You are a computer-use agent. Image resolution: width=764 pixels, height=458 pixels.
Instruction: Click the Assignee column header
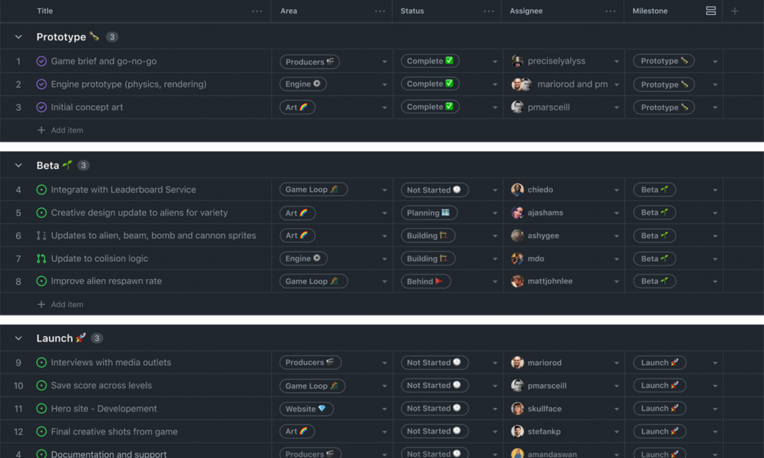[x=526, y=10]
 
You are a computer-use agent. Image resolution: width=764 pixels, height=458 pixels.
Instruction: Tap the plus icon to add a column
[x=735, y=10]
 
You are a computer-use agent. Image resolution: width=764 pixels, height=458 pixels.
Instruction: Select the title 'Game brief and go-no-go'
[x=104, y=61]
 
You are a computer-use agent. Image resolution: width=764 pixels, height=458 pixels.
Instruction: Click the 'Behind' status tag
[x=425, y=281]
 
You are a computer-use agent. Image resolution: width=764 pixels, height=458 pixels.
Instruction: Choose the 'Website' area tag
[x=306, y=408]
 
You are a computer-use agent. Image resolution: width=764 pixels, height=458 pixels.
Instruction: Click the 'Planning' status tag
[x=429, y=213]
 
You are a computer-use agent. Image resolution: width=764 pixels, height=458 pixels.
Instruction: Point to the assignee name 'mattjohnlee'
[x=550, y=281]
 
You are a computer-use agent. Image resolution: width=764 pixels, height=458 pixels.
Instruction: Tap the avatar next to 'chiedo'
[x=517, y=189]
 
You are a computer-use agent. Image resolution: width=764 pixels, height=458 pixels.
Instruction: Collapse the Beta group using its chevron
[x=19, y=165]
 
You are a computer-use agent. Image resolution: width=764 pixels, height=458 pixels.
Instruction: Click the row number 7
[x=19, y=259]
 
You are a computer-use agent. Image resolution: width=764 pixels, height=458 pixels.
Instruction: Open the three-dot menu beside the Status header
[x=489, y=11]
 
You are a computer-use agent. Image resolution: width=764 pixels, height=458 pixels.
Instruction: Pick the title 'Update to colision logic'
[x=99, y=258]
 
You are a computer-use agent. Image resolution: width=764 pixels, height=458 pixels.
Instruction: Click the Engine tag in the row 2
[x=303, y=84]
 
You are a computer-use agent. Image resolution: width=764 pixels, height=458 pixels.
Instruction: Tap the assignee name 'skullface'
[x=545, y=408]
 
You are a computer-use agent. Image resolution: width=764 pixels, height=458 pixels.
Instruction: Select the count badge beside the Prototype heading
[x=112, y=37]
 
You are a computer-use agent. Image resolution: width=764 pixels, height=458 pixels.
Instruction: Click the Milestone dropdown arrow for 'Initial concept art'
[x=715, y=107]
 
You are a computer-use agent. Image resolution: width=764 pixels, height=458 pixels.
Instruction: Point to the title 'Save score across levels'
[x=101, y=386]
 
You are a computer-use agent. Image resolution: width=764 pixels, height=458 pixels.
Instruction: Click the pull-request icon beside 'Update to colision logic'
[x=42, y=259]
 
